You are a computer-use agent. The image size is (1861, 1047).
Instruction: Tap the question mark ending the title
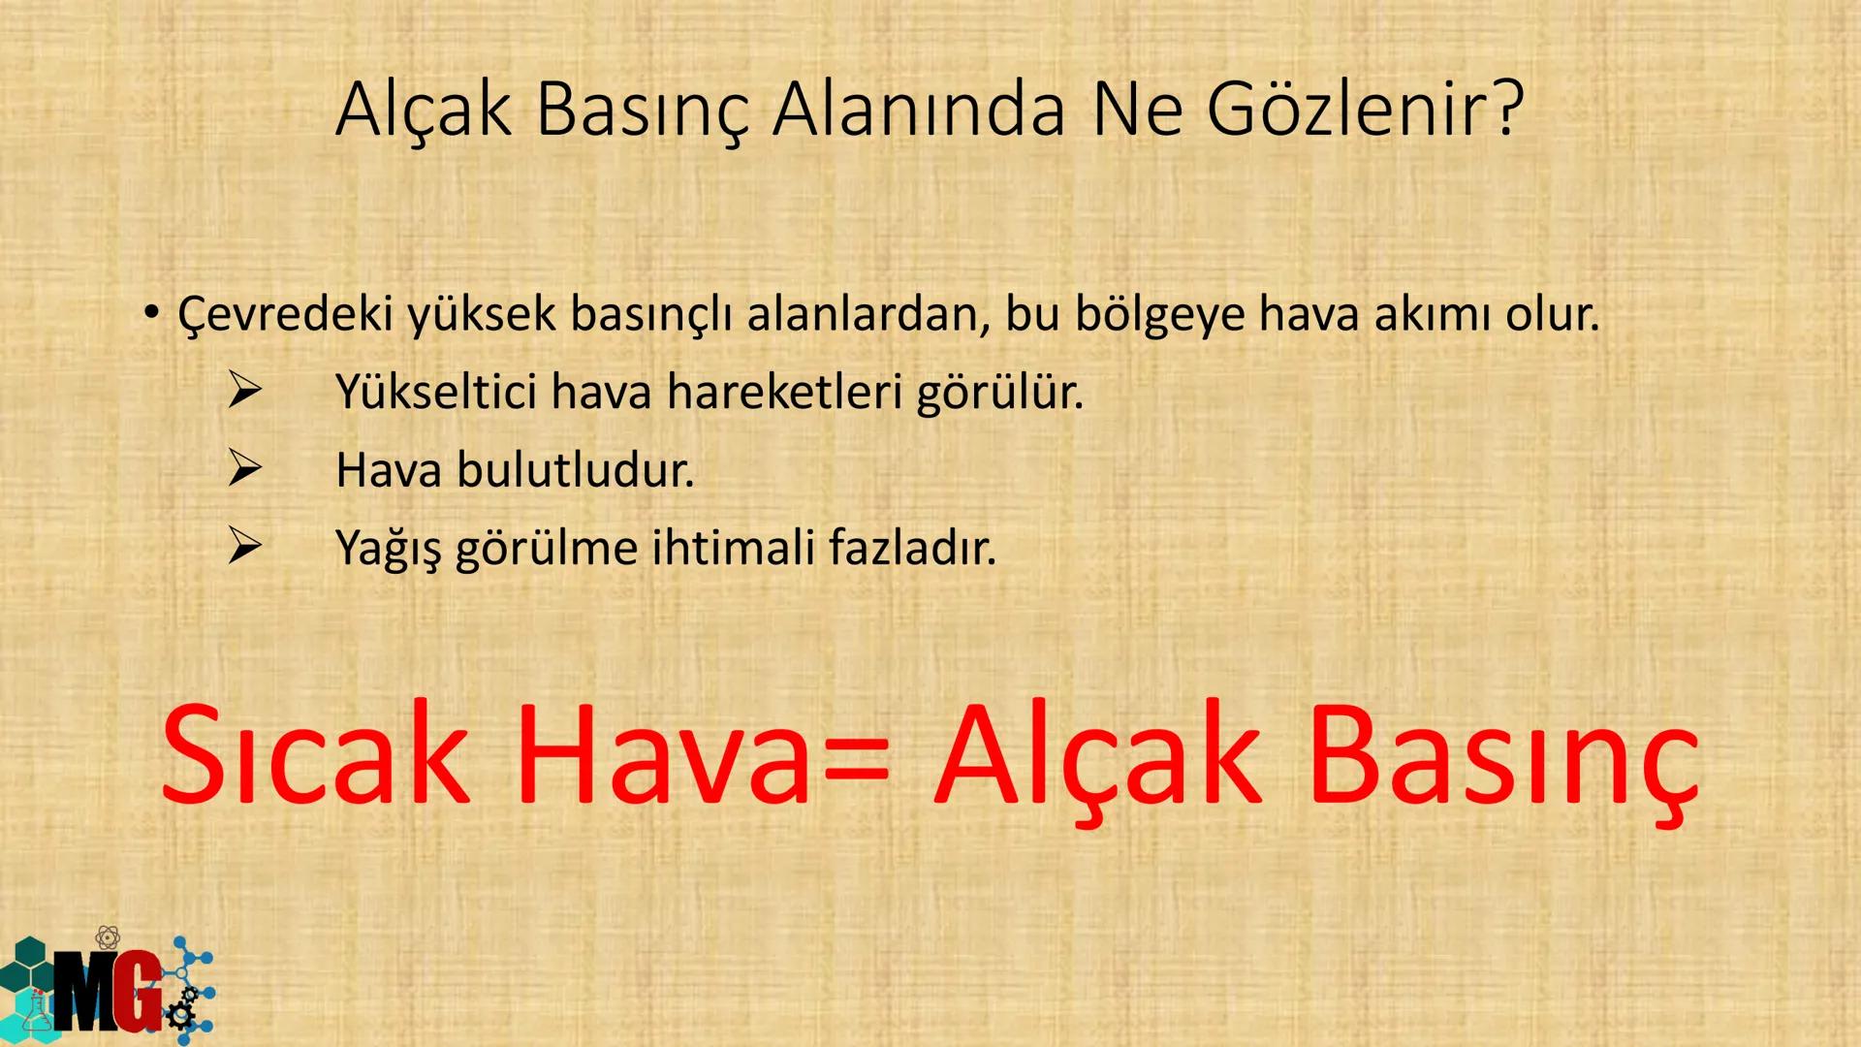pyautogui.click(x=1505, y=110)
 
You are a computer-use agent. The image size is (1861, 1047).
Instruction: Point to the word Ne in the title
pyautogui.click(x=1136, y=110)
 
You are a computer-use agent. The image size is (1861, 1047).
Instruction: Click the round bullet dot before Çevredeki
pyautogui.click(x=150, y=312)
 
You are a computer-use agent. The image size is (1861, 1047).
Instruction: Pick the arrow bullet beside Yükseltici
pyautogui.click(x=244, y=392)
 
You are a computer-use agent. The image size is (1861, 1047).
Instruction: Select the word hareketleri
pyautogui.click(x=784, y=392)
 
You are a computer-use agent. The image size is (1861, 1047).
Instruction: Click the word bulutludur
pyautogui.click(x=575, y=470)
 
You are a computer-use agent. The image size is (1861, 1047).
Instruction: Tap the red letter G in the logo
pyautogui.click(x=136, y=992)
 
